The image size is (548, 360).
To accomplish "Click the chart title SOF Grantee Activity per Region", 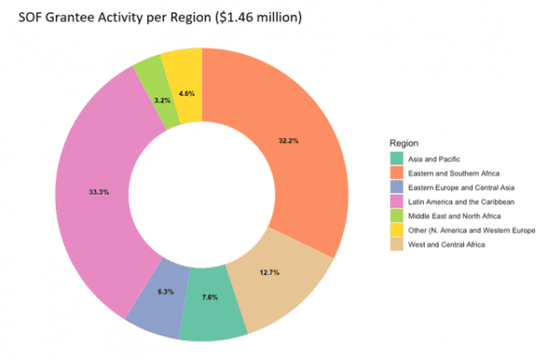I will pos(160,17).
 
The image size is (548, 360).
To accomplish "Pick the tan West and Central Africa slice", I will pos(288,274).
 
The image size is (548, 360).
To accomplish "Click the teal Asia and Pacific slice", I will pos(212,311).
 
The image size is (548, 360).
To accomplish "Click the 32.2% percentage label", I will pos(289,141).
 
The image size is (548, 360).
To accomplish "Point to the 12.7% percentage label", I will pos(267,272).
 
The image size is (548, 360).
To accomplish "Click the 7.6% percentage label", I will pos(210,297).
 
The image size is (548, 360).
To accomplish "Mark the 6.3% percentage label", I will pos(165,291).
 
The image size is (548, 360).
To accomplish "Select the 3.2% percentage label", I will pos(162,99).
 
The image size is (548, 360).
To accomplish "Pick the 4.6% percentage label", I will pos(186,93).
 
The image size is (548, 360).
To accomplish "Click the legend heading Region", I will pos(404,143).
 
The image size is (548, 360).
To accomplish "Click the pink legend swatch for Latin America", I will pos(395,202).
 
